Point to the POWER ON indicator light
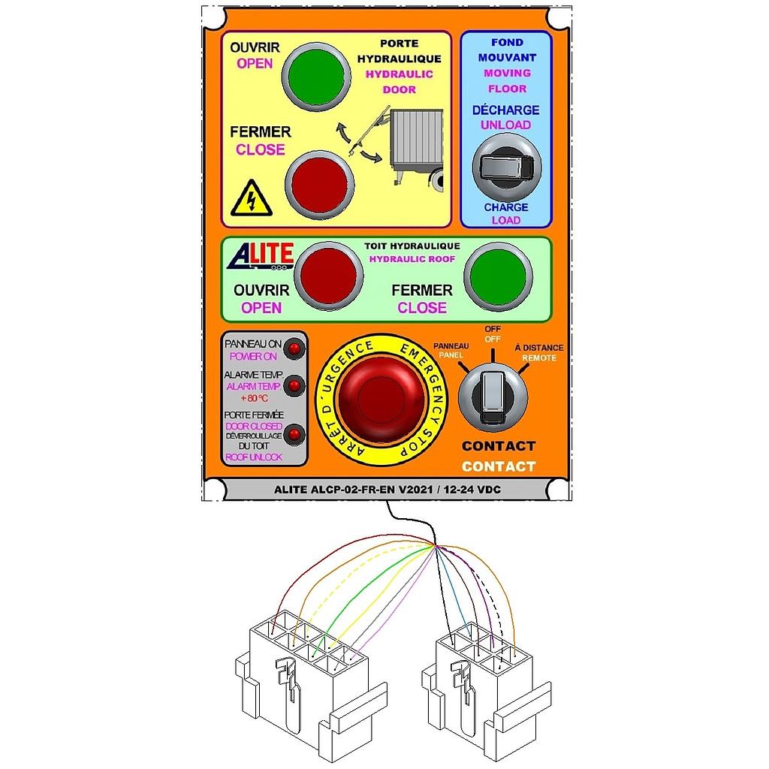[294, 349]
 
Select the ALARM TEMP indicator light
[294, 386]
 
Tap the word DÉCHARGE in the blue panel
[505, 110]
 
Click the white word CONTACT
[499, 466]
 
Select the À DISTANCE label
[539, 348]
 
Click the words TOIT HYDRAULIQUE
[412, 246]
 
